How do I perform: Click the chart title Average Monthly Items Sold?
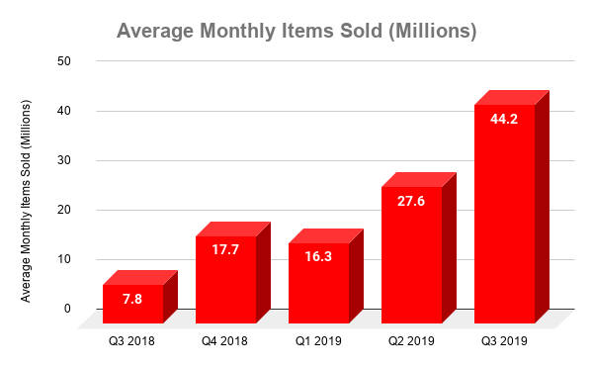tap(296, 31)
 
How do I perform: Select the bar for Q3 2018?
tap(132, 304)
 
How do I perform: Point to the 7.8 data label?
tap(132, 296)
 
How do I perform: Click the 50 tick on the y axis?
tap(64, 61)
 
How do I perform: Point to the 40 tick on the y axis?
tap(64, 111)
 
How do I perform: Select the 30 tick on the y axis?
tap(64, 160)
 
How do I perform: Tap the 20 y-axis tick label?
tap(64, 210)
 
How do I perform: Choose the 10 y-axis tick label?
tap(64, 259)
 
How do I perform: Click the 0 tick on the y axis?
tap(67, 309)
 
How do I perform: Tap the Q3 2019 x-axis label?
tap(504, 341)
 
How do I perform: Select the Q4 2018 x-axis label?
tap(225, 341)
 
